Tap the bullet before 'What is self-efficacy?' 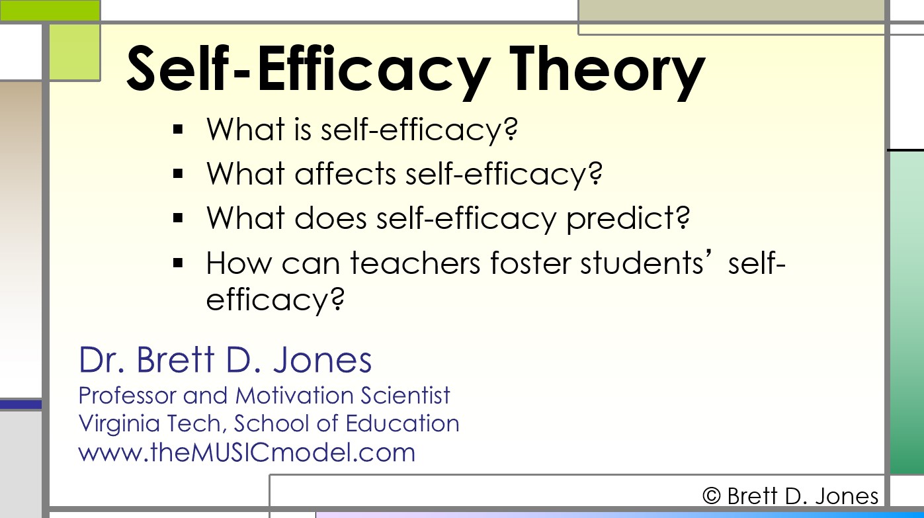[x=177, y=130]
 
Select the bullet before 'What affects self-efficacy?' [x=177, y=174]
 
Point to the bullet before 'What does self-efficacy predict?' [x=177, y=218]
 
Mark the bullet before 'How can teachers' [x=177, y=263]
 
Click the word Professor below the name [x=126, y=396]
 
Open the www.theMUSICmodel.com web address [x=247, y=453]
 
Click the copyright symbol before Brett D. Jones [x=711, y=496]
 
